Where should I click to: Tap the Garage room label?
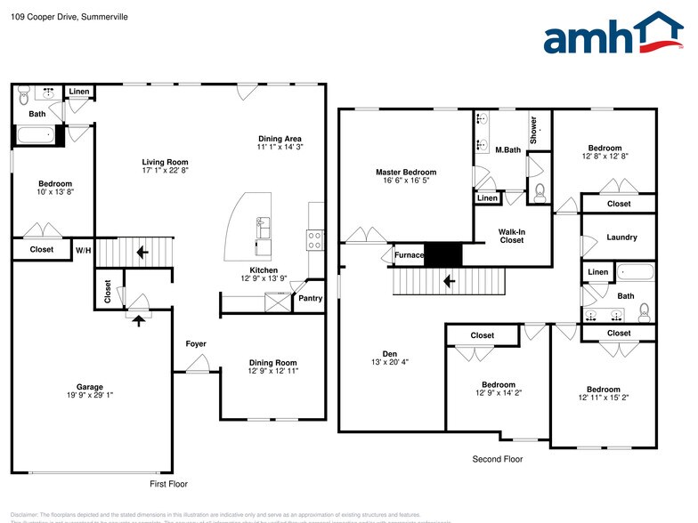pos(89,387)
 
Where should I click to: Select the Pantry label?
pos(310,298)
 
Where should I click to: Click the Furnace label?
pos(409,255)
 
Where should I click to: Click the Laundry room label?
pos(621,237)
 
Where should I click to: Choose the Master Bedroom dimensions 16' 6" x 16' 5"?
pos(405,181)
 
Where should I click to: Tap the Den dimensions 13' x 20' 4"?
pos(389,362)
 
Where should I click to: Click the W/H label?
pos(83,250)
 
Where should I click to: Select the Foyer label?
pos(196,343)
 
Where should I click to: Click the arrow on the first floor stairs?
pos(141,253)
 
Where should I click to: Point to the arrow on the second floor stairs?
pos(450,282)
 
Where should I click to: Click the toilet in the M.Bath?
pos(540,189)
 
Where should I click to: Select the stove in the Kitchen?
pos(314,238)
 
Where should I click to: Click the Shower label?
pos(534,130)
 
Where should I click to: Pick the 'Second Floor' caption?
pos(497,459)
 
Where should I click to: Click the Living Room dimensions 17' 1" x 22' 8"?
pos(166,172)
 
